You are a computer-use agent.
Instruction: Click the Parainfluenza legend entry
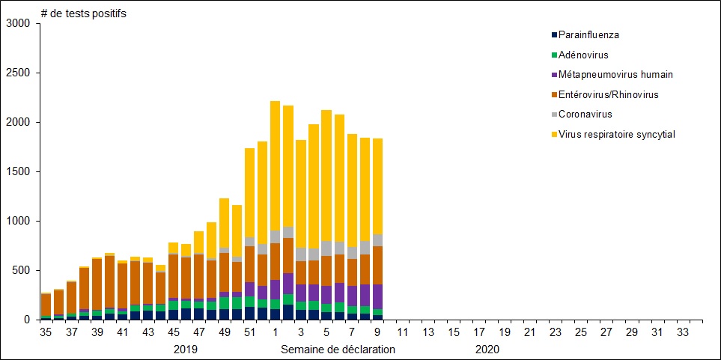pyautogui.click(x=588, y=34)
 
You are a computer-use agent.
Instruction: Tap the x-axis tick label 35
pyautogui.click(x=46, y=332)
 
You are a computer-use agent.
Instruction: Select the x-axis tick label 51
pyautogui.click(x=250, y=332)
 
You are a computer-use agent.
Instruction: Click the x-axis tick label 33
pyautogui.click(x=684, y=332)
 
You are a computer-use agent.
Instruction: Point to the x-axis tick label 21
pyautogui.click(x=531, y=332)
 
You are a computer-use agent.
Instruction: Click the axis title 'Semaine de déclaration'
pyautogui.click(x=338, y=349)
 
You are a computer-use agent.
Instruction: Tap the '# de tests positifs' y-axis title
pyautogui.click(x=83, y=13)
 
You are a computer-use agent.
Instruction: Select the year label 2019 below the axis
pyautogui.click(x=186, y=349)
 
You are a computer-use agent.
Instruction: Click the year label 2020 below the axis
pyautogui.click(x=487, y=349)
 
